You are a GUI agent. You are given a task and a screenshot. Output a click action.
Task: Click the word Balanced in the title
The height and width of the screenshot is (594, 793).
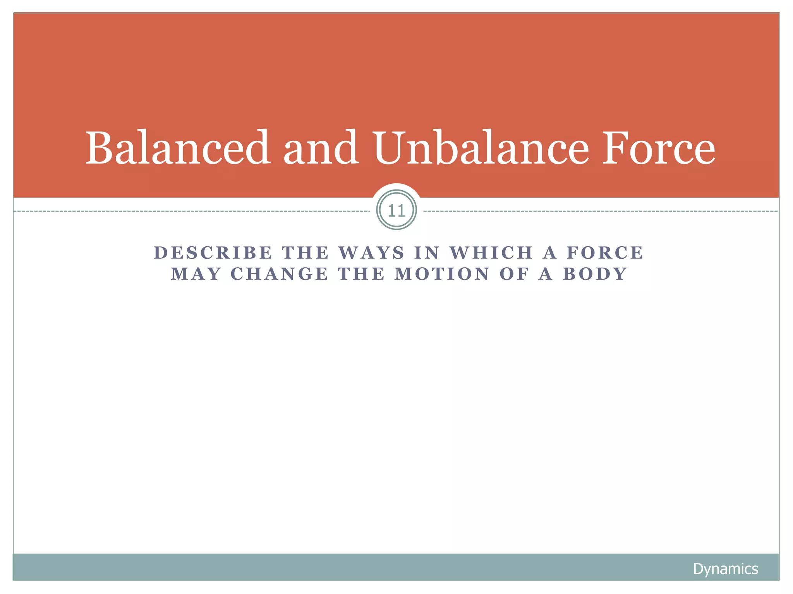click(177, 148)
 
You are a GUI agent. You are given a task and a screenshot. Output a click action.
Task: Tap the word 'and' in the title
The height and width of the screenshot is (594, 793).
click(321, 148)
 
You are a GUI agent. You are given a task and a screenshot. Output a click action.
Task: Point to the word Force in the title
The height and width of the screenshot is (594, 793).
click(658, 148)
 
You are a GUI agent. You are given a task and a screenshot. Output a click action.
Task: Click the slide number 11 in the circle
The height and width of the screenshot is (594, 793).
click(396, 211)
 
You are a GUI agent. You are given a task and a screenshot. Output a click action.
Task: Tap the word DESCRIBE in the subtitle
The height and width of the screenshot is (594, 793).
click(213, 253)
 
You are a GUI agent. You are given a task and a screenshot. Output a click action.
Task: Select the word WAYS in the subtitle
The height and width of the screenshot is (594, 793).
click(372, 253)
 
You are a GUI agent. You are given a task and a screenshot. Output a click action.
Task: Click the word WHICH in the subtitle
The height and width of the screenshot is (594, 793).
click(492, 253)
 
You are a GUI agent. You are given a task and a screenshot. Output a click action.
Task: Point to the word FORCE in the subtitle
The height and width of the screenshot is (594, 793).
click(605, 253)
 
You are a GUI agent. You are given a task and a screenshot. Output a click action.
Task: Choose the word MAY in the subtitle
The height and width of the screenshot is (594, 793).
click(196, 274)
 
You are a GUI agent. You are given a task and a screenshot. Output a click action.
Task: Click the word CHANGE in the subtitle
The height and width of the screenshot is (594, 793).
click(280, 274)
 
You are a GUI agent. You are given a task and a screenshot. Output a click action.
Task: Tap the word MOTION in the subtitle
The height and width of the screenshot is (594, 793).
click(443, 274)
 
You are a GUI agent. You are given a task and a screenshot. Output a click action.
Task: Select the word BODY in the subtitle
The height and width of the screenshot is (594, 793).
click(595, 274)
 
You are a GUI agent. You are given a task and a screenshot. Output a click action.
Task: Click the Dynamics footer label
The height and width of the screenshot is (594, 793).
click(725, 569)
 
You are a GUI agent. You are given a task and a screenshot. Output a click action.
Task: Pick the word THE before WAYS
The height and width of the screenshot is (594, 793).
click(306, 253)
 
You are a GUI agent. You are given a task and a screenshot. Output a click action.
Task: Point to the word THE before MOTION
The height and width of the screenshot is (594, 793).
click(362, 274)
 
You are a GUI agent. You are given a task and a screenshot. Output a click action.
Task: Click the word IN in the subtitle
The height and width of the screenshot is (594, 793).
click(427, 253)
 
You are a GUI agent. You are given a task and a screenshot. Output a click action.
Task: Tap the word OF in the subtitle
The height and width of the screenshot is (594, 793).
click(515, 274)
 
